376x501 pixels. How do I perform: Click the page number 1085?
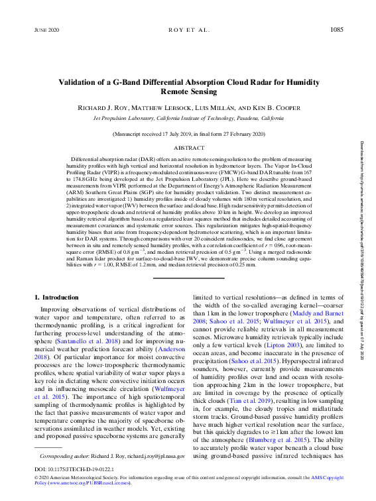[337, 30]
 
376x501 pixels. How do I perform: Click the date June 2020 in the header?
[45, 31]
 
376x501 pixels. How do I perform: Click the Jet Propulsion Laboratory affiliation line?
[188, 118]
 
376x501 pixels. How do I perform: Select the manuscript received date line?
[188, 135]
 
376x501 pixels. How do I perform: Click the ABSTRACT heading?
[188, 148]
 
